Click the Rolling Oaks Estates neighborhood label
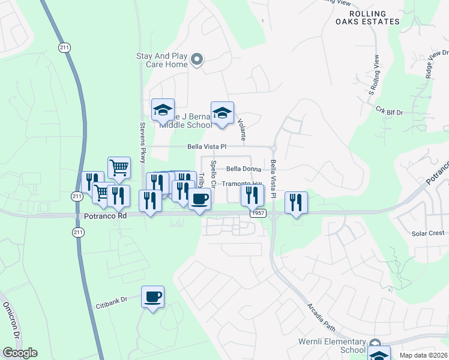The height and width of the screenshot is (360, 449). pyautogui.click(x=367, y=17)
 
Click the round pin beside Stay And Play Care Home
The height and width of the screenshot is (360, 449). pyautogui.click(x=197, y=59)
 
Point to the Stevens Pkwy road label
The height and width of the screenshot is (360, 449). pyautogui.click(x=143, y=143)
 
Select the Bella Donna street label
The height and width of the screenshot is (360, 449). pyautogui.click(x=243, y=169)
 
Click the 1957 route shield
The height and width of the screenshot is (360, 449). pyautogui.click(x=258, y=213)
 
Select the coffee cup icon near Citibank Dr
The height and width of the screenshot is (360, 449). pyautogui.click(x=152, y=296)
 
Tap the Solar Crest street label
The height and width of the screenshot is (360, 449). pyautogui.click(x=427, y=233)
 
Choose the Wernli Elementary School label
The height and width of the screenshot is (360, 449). pyautogui.click(x=332, y=345)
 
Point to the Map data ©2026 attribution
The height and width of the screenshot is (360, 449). pyautogui.click(x=423, y=355)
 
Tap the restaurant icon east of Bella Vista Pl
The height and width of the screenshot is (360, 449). pyautogui.click(x=296, y=202)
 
